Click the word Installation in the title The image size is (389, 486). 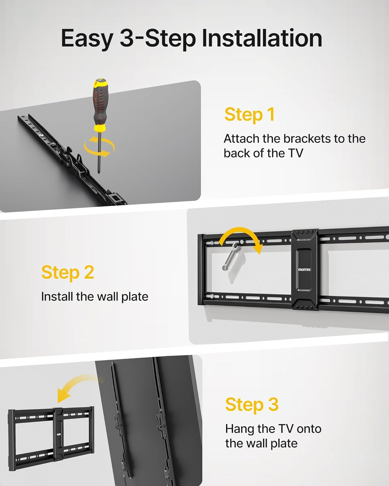262,38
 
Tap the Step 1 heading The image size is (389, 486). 249,115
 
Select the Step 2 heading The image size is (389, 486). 67,272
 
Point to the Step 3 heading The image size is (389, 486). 252,405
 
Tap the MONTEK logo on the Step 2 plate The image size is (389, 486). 305,270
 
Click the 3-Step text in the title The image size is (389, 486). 158,39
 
